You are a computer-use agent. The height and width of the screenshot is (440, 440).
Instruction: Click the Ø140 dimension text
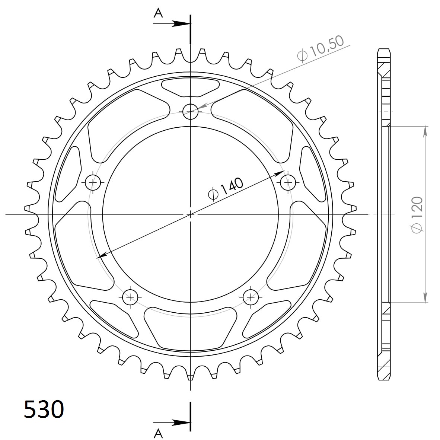coord(226,189)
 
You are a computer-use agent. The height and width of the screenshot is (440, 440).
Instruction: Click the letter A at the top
coord(158,13)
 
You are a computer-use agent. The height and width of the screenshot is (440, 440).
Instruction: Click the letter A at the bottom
coord(158,434)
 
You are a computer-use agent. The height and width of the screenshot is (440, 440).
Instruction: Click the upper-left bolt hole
coord(93,182)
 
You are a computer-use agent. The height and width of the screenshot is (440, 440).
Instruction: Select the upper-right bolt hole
coord(288,182)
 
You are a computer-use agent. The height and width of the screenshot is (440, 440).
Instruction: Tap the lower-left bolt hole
coord(130,297)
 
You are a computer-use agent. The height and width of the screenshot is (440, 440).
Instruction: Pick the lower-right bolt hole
coord(251,297)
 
